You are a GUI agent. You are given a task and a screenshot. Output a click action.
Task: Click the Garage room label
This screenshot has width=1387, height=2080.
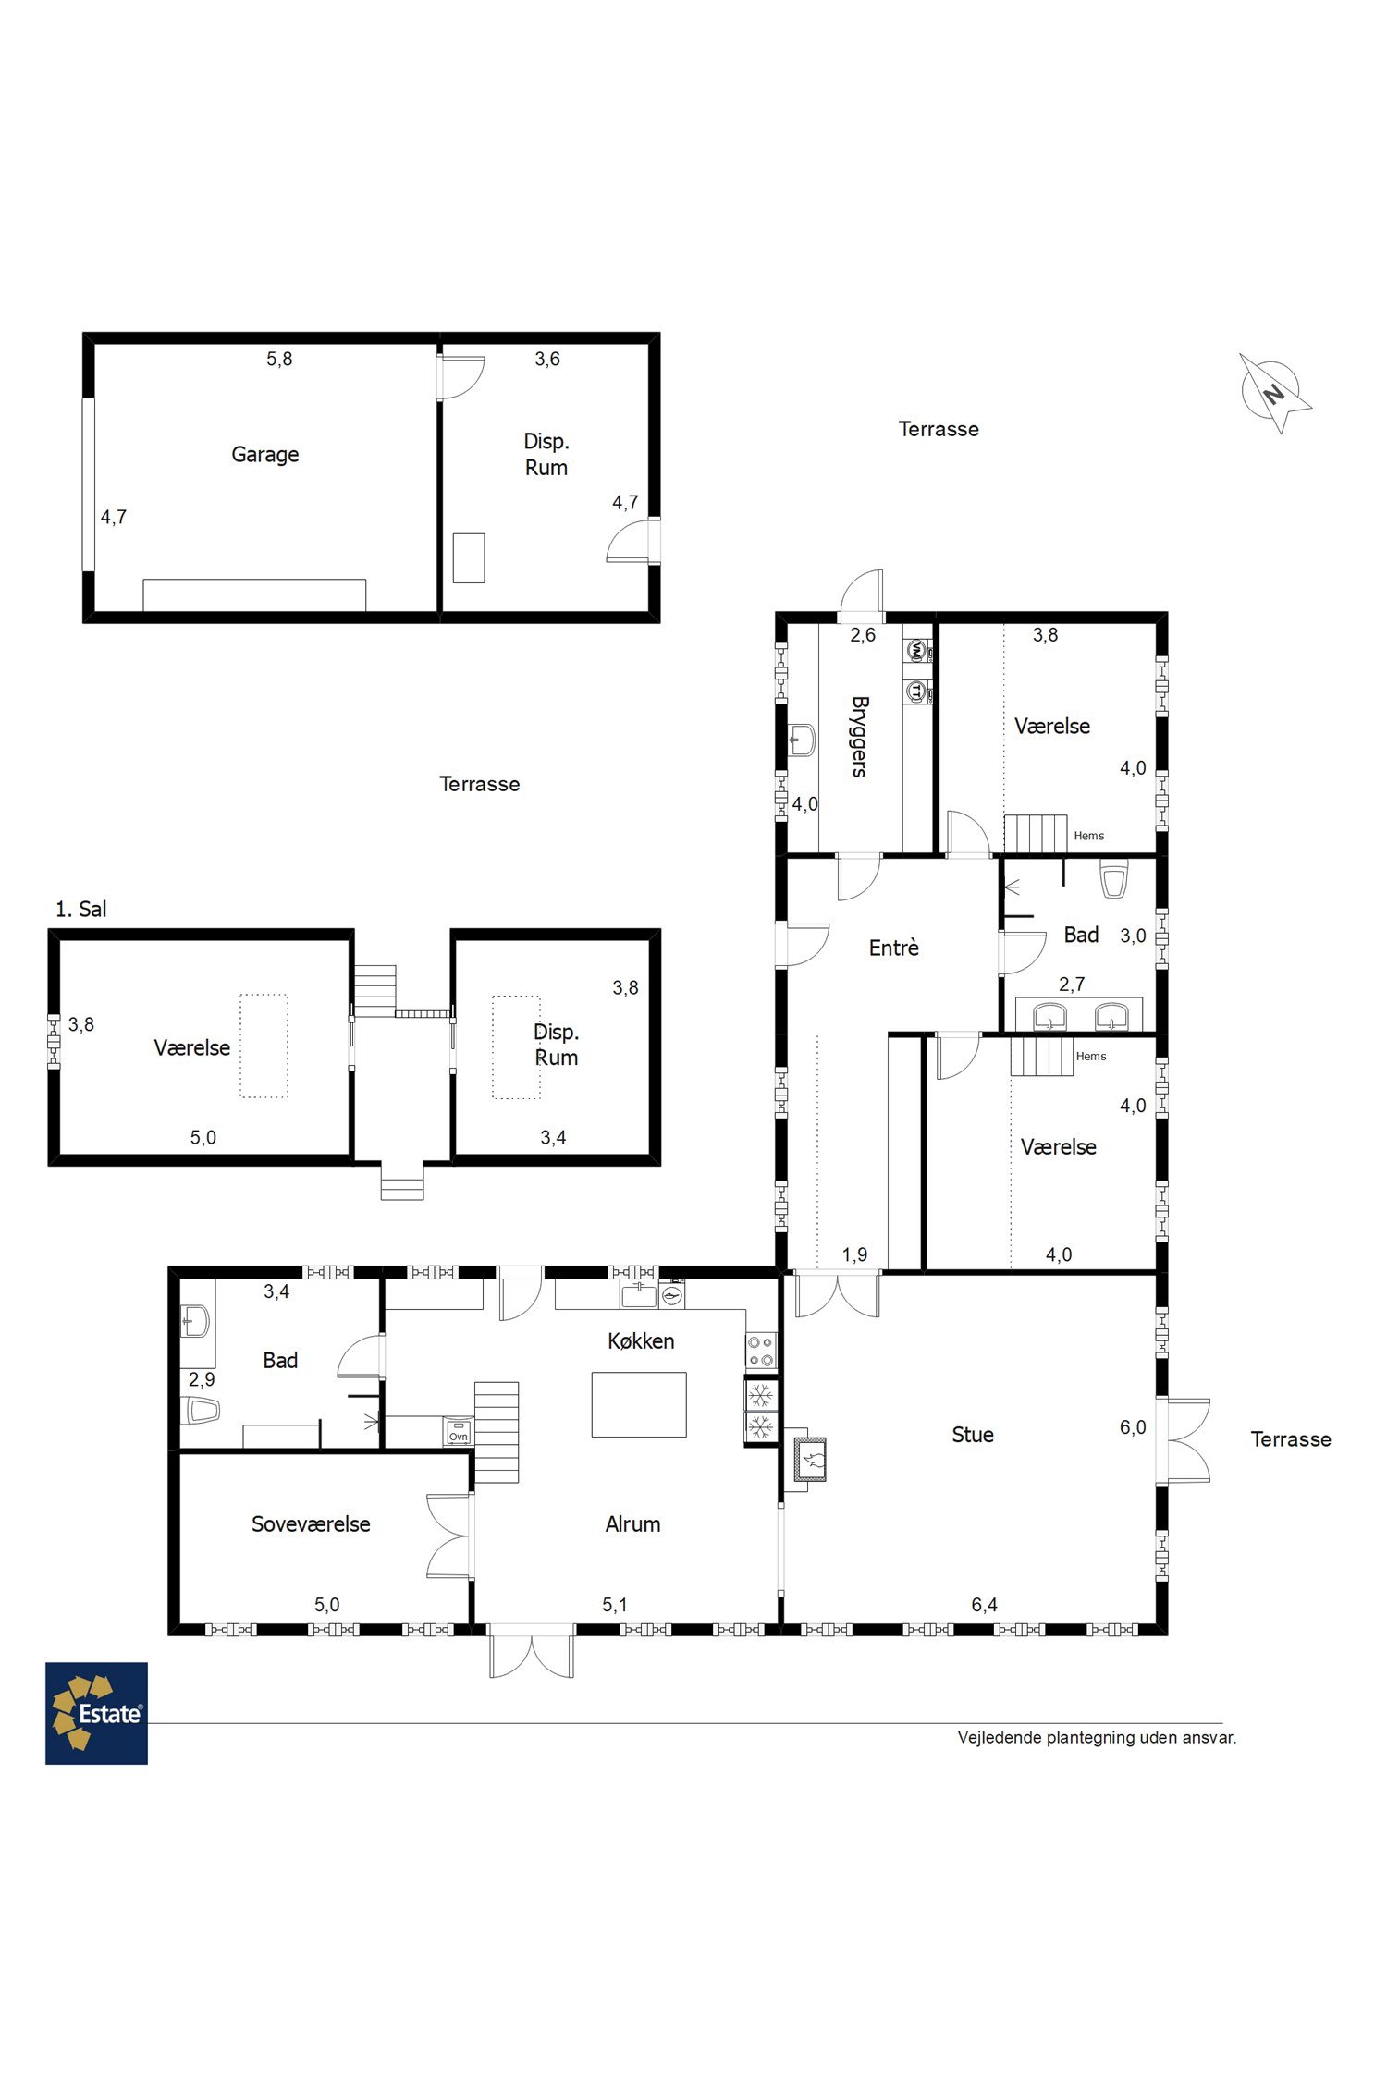tap(265, 455)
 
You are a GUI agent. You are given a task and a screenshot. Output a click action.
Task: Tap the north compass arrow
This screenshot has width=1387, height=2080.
tap(1275, 392)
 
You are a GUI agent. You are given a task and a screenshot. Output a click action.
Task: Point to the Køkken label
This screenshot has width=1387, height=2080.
tap(641, 1340)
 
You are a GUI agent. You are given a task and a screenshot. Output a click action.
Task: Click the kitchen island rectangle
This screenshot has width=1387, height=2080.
tap(639, 1404)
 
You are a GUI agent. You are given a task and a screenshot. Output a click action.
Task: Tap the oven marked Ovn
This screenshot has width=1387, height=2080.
tap(459, 1431)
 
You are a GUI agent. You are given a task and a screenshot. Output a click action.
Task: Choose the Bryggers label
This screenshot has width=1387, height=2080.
tap(859, 737)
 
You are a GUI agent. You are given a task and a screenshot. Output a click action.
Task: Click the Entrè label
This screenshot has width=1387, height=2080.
tap(894, 948)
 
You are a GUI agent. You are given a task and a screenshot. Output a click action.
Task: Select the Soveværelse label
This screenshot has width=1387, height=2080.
tap(311, 1524)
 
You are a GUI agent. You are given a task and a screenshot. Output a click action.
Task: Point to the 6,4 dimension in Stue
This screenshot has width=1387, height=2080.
tap(985, 1605)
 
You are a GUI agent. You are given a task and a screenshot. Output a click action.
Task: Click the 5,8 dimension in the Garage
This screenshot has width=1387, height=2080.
tap(279, 359)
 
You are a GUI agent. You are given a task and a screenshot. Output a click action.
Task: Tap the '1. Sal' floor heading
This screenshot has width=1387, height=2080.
tap(81, 909)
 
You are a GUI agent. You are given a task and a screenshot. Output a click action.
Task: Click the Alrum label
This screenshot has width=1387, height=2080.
tap(632, 1524)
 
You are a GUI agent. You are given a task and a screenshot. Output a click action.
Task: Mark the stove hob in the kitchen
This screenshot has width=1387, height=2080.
tap(761, 1351)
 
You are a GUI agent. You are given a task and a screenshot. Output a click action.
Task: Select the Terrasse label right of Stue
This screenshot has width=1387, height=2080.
tap(1291, 1439)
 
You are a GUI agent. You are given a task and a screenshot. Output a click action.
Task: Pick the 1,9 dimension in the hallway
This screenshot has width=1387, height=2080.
tap(854, 1254)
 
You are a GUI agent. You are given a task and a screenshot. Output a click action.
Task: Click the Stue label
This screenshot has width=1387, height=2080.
tap(973, 1435)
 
